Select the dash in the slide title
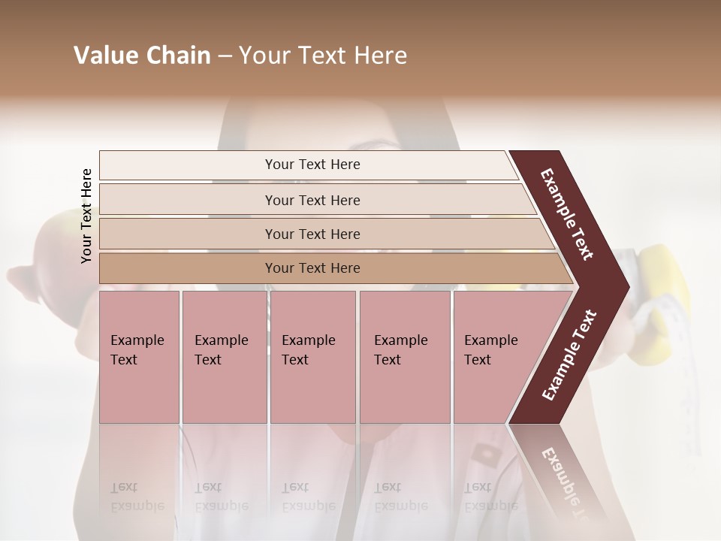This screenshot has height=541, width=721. (225, 56)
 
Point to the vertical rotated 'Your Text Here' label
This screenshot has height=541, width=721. (86, 216)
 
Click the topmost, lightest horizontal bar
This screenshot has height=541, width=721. (312, 165)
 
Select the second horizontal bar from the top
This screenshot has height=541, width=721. (312, 200)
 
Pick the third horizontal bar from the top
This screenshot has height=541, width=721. (312, 234)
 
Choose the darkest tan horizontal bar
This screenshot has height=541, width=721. (312, 268)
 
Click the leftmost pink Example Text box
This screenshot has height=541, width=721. (139, 357)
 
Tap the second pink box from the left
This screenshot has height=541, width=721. (224, 357)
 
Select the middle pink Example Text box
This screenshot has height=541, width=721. (312, 357)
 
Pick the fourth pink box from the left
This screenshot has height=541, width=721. (405, 357)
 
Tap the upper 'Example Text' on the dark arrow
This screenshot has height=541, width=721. (567, 214)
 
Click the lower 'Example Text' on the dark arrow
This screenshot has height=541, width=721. (569, 355)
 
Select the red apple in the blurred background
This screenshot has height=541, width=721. (53, 248)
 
